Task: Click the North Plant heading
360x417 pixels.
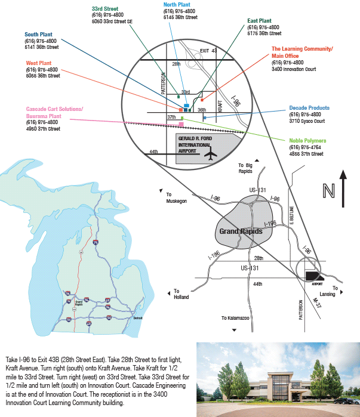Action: coord(177,4)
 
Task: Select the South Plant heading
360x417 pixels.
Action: coord(38,34)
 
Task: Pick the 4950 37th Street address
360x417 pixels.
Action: coord(43,128)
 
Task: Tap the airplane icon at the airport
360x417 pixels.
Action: coord(210,155)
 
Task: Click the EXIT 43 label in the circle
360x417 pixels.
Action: coord(208,50)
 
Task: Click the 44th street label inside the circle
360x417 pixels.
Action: coord(154,152)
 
